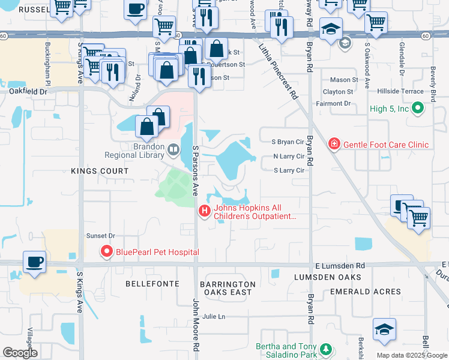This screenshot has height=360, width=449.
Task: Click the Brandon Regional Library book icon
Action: (x=173, y=149)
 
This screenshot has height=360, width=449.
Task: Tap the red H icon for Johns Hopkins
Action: (x=204, y=211)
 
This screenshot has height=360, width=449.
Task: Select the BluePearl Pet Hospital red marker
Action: (x=108, y=251)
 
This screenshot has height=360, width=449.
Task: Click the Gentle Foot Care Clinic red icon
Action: (x=334, y=144)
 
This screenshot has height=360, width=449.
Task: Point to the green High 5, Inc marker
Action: (x=419, y=109)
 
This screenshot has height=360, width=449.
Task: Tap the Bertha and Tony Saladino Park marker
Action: (x=325, y=349)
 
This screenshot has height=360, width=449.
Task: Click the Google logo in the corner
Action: (x=20, y=353)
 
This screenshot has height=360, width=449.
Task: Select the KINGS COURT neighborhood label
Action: (x=100, y=172)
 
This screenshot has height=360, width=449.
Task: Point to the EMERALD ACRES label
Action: (x=366, y=292)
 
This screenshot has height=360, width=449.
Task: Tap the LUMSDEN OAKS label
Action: (x=328, y=277)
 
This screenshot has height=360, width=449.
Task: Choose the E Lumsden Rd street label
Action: (x=339, y=266)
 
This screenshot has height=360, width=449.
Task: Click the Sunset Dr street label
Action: (x=100, y=236)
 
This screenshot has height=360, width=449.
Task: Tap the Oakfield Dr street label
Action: (x=28, y=92)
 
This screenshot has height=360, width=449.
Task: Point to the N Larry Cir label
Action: (x=289, y=156)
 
